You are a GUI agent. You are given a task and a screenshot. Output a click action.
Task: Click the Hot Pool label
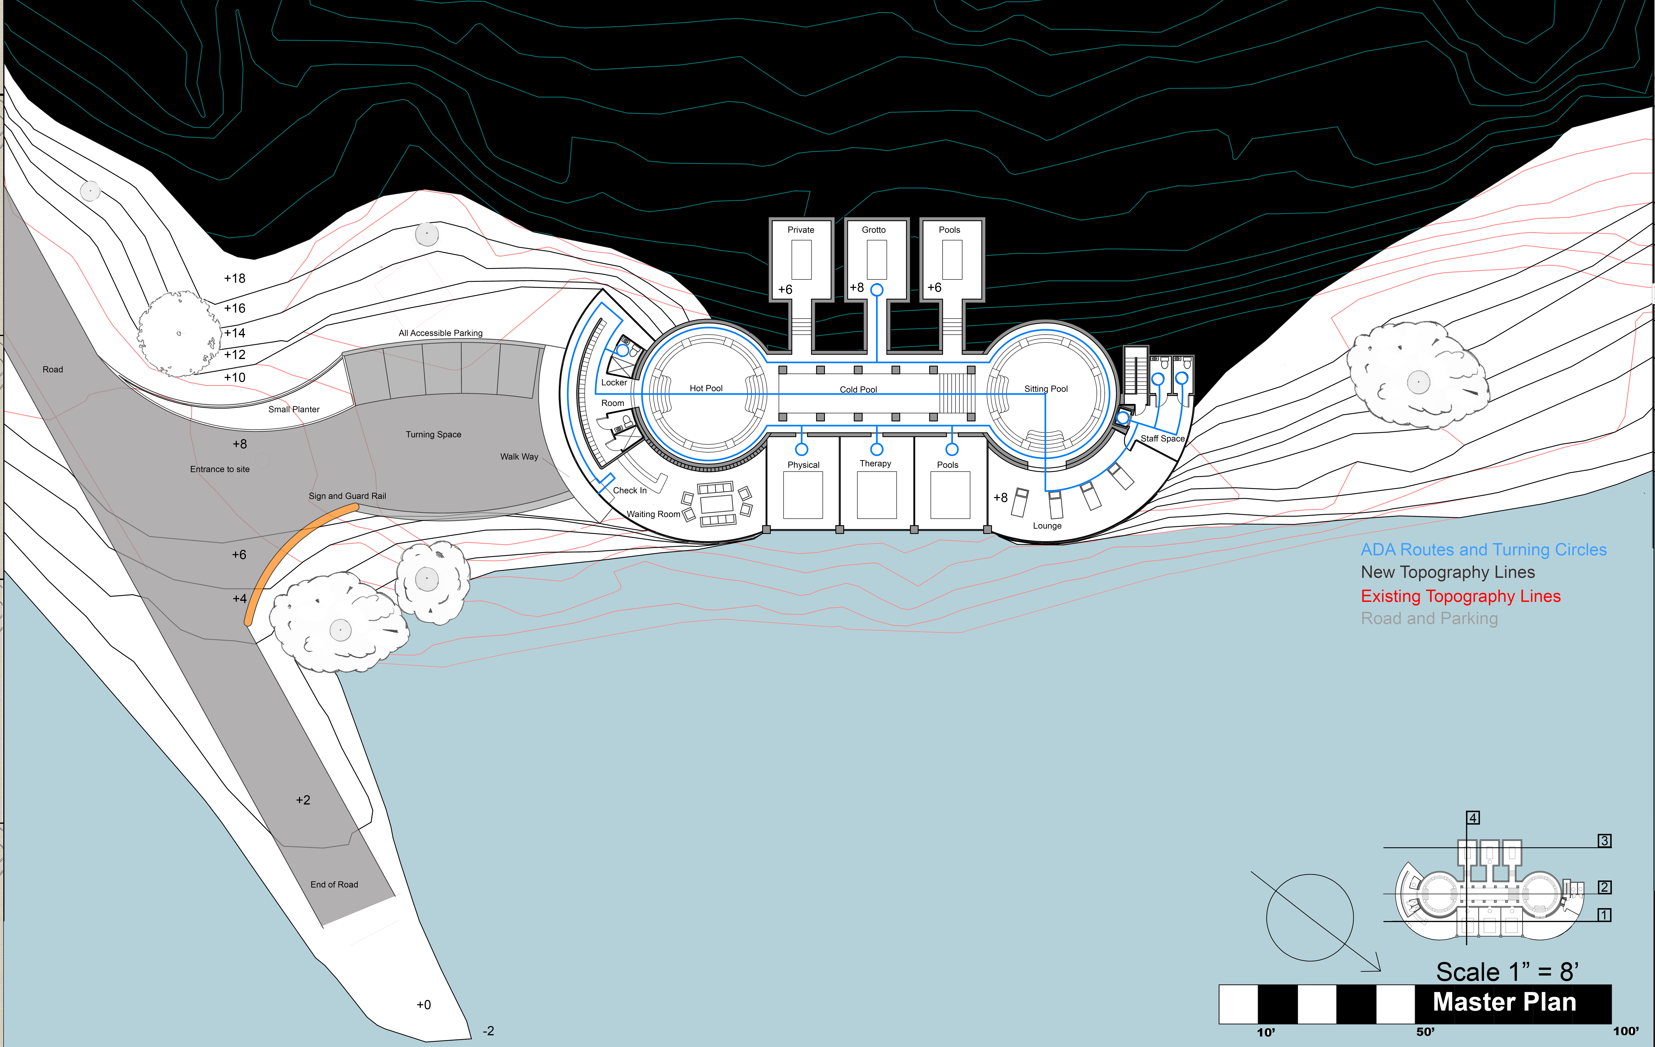point(706,388)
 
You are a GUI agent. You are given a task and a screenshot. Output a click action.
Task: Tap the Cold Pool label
point(858,390)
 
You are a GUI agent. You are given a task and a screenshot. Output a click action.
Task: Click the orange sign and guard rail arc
point(289,550)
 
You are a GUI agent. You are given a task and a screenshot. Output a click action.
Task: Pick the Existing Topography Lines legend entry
point(1461,596)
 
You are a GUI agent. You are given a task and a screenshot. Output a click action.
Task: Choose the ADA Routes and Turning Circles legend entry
point(1483,550)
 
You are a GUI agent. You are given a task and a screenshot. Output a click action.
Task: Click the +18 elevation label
point(234,278)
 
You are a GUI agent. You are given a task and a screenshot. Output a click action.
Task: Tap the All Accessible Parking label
point(441,333)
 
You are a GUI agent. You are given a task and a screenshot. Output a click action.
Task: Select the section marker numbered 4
point(1473,818)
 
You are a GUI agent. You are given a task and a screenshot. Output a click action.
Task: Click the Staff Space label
point(1162,438)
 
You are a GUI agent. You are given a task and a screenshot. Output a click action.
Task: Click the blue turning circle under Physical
point(801,449)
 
